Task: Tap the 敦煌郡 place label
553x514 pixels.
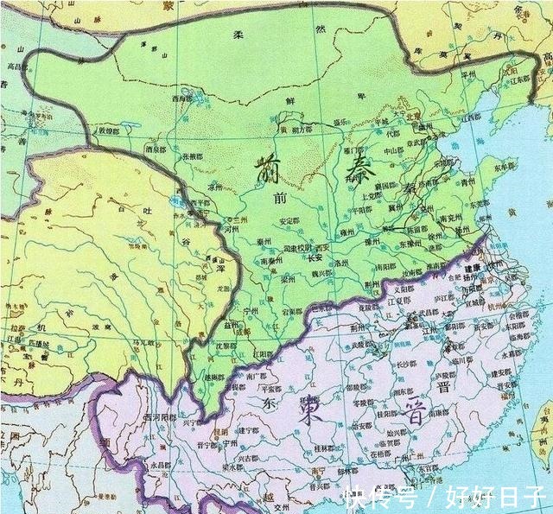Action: (107, 131)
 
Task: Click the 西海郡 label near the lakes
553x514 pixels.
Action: (181, 98)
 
